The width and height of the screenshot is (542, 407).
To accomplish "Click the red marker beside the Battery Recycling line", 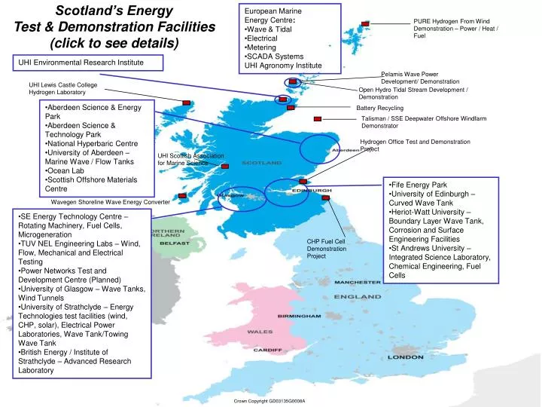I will [320, 108].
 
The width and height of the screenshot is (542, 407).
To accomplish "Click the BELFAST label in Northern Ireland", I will [173, 244].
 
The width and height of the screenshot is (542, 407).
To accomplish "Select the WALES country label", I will [260, 330].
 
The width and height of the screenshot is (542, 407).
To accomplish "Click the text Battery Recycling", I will [380, 109].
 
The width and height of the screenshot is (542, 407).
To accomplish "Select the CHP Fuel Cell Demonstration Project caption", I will [327, 249].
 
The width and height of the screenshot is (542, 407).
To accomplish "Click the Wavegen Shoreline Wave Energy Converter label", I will [110, 203].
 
